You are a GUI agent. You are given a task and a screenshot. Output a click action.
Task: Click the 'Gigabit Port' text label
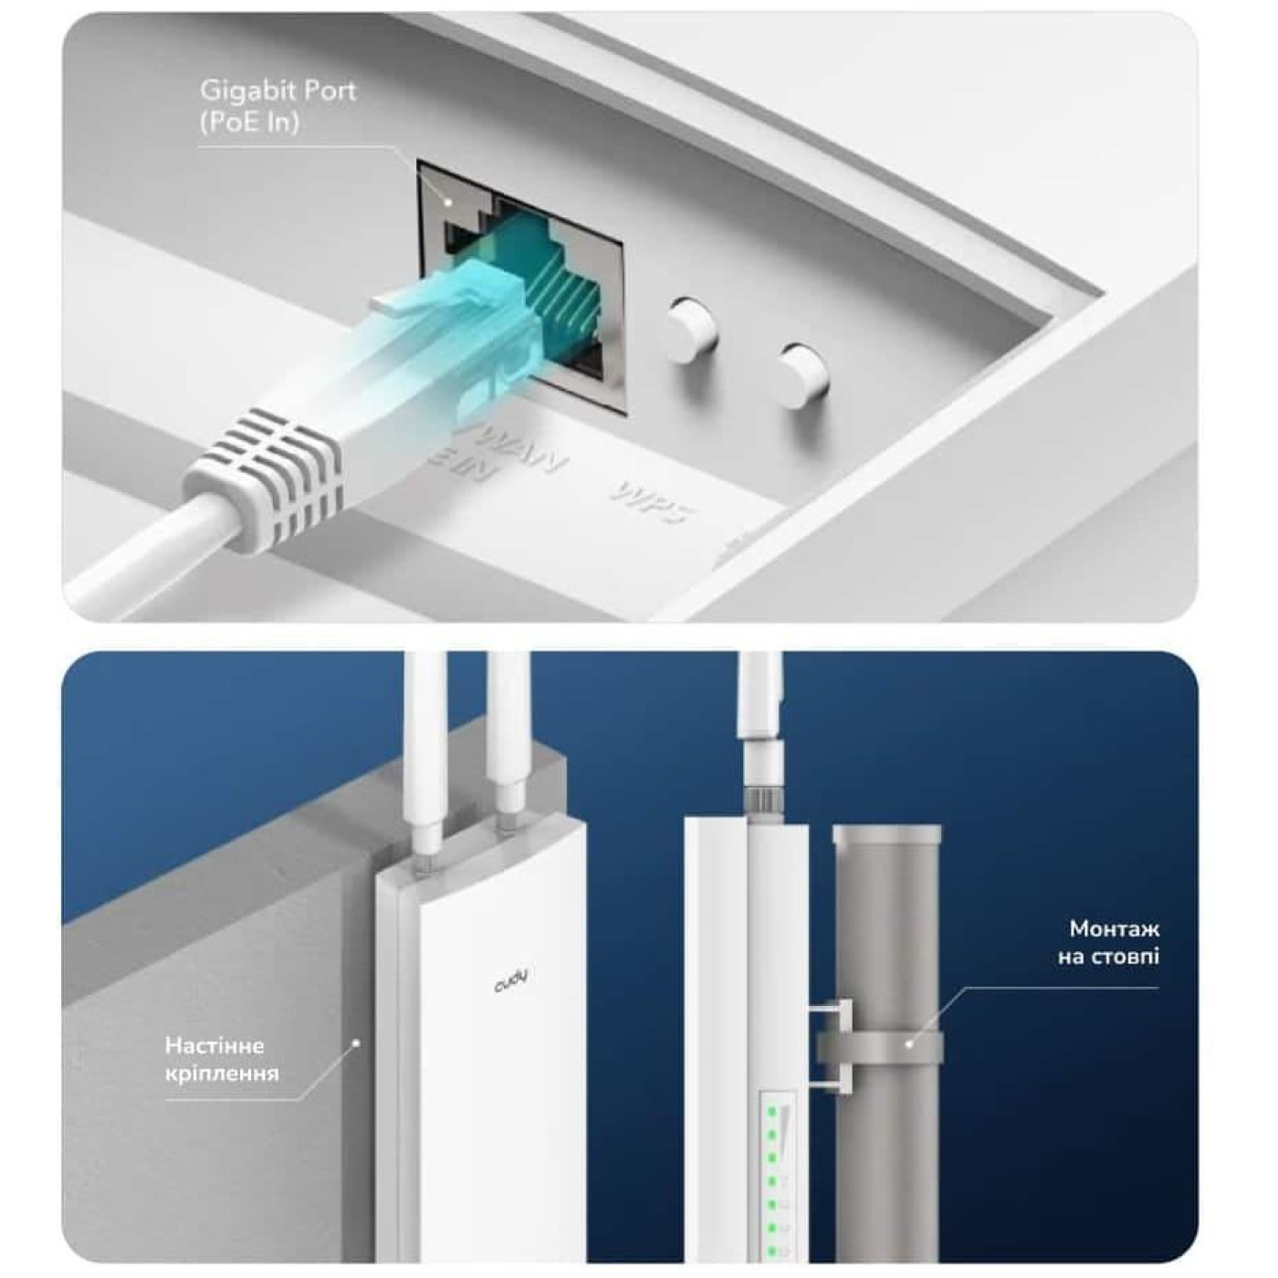pos(278,91)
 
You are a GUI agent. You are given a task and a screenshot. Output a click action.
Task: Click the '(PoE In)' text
pos(249,123)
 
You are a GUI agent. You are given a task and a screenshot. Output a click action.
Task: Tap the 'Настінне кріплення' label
pos(222,1058)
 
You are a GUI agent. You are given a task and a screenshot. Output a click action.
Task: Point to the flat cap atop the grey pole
pos(886,833)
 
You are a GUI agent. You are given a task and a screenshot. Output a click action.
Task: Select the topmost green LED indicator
pos(771,1113)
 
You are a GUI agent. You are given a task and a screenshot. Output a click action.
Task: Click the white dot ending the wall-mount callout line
pos(357,1041)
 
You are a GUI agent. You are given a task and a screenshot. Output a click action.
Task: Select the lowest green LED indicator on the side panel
pos(771,1250)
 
